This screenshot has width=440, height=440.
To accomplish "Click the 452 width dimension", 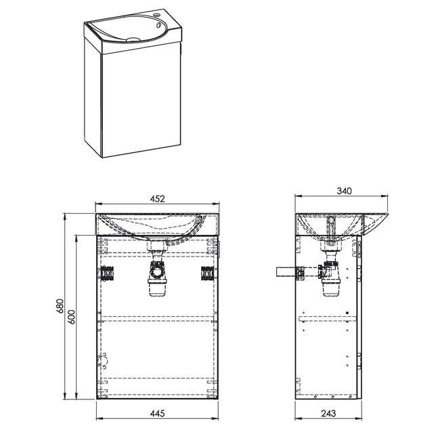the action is pyautogui.click(x=157, y=198).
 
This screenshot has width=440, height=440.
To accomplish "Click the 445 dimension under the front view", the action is pyautogui.click(x=157, y=414).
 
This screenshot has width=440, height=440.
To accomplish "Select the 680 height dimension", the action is pyautogui.click(x=60, y=306).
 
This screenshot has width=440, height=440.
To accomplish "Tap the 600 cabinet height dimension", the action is pyautogui.click(x=72, y=317).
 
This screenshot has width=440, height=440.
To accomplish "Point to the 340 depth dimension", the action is pyautogui.click(x=344, y=191).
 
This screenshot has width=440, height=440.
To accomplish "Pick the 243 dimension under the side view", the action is pyautogui.click(x=328, y=414).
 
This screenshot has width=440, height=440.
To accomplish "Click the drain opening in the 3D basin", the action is pyautogui.click(x=133, y=39).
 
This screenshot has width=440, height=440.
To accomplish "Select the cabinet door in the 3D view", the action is pyautogui.click(x=141, y=100).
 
